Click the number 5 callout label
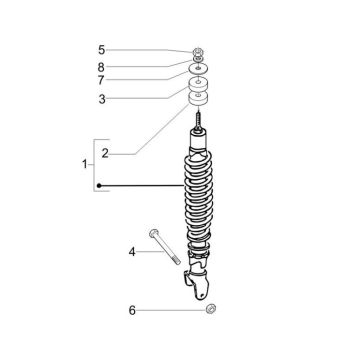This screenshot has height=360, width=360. pos(101,49)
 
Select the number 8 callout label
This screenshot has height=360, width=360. pos(101,66)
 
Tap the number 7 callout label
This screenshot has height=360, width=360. pos(101,81)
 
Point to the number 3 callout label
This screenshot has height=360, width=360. pos(101,98)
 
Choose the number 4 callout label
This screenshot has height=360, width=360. pos(131,252)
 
